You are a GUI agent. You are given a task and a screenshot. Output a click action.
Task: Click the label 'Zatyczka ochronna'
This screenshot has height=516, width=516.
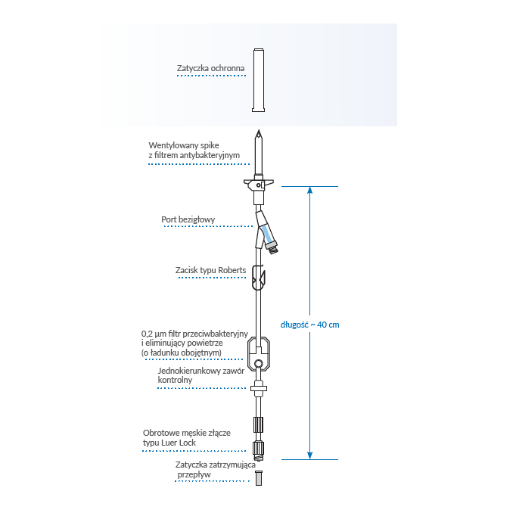point(210,69)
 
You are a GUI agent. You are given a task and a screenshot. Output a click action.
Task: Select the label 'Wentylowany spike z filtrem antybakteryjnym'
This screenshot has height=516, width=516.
point(194,149)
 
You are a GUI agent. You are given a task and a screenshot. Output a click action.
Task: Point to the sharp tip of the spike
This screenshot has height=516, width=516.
point(259,133)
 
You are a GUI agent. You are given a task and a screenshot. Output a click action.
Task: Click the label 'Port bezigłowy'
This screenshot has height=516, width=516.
point(188,220)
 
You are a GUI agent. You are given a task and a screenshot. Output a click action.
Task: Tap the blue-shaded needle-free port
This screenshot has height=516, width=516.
point(269,230)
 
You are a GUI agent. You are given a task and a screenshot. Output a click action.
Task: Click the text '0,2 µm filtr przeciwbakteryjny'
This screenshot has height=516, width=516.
point(194,334)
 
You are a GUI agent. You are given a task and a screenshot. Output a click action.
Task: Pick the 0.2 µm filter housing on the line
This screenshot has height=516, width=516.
point(259,349)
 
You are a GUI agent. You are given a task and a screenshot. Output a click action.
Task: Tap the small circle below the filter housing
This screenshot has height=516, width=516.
point(259,365)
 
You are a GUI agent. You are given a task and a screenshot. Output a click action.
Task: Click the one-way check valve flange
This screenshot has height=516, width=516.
point(259,390)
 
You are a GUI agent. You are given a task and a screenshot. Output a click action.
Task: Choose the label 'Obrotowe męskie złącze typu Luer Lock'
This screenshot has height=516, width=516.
point(181,437)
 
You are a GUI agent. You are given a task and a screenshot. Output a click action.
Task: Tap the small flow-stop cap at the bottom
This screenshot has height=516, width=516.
point(259,478)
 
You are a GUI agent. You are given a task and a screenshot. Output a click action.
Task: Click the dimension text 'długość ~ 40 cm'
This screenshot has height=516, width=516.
point(309,325)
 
